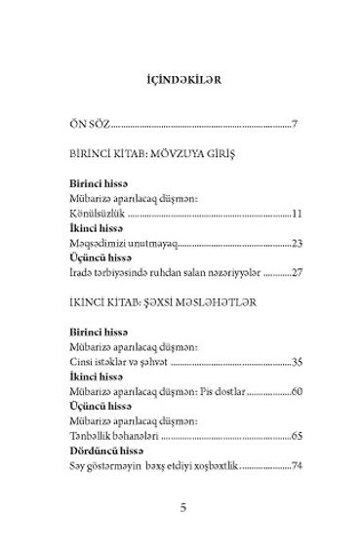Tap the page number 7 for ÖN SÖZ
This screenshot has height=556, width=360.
point(295,125)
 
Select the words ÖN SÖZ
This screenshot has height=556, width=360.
point(93,125)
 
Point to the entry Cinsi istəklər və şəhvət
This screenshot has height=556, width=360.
point(125,363)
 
